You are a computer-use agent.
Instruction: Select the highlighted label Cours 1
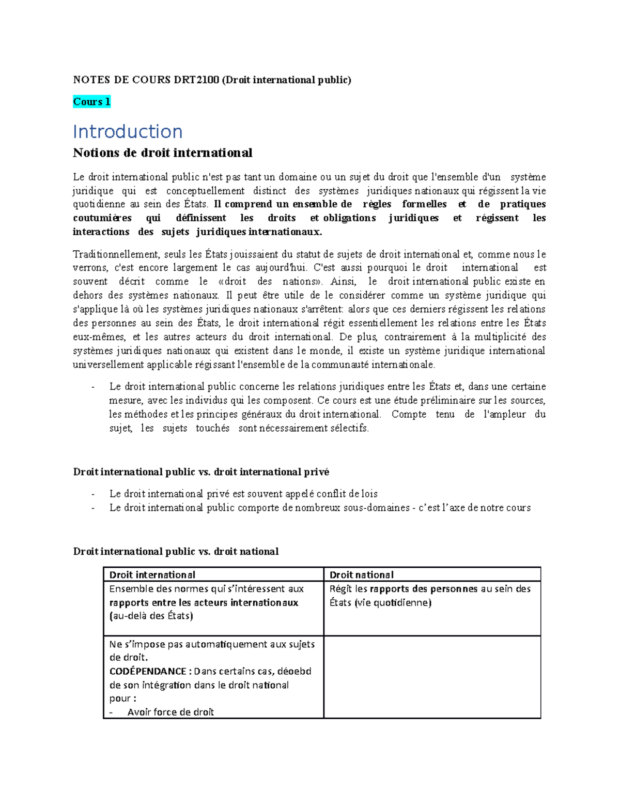click(x=91, y=102)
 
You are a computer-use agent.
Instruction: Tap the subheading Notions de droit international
click(x=162, y=153)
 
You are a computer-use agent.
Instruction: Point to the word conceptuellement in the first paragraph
click(x=205, y=191)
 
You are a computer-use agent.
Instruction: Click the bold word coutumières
click(x=102, y=218)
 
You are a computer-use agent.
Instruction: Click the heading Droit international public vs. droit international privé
click(x=201, y=472)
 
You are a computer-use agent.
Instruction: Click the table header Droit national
click(x=361, y=575)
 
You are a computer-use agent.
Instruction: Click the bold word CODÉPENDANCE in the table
click(x=148, y=672)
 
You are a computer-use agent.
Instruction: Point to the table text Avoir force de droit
click(x=171, y=713)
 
